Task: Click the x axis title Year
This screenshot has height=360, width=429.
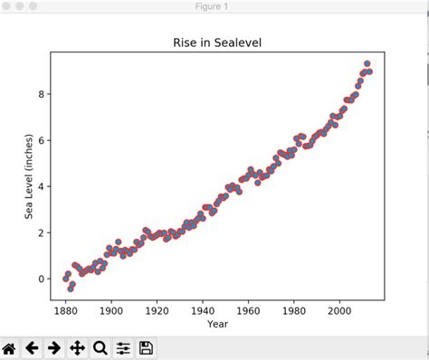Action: pos(217,324)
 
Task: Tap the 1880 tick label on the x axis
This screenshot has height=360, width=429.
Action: pos(66,309)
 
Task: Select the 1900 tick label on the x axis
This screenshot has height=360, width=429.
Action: pos(111,309)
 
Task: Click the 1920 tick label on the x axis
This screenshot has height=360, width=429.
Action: pos(157,309)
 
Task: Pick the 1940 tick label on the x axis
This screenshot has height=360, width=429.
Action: pos(203,309)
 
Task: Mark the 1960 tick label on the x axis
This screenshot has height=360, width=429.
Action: pos(249,309)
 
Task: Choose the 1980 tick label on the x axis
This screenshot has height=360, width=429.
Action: pos(294,309)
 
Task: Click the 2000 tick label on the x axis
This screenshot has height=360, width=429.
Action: pos(340,309)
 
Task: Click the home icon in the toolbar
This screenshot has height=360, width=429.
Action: pos(10,347)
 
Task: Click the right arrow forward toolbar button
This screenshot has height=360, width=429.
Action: pos(55,347)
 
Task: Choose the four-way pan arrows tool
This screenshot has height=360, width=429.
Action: pos(78,347)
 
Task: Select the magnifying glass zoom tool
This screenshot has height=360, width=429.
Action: pos(100,347)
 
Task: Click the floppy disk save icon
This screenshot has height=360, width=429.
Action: pos(146,347)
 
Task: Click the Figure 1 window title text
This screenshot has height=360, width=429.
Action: pos(214,7)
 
